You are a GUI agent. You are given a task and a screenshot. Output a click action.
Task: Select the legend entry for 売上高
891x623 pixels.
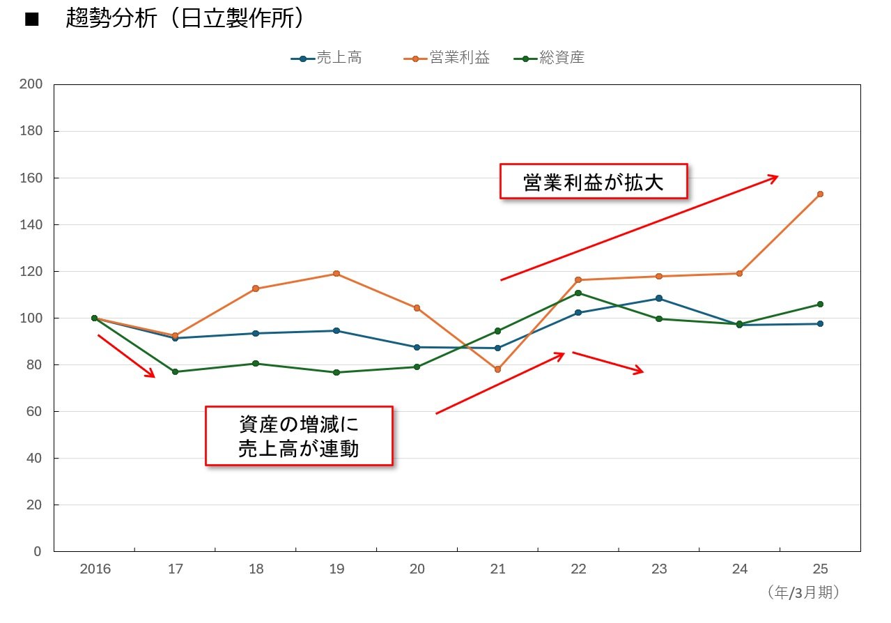pyautogui.click(x=327, y=59)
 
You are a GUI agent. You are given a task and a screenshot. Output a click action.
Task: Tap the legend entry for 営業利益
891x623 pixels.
pyautogui.click(x=447, y=59)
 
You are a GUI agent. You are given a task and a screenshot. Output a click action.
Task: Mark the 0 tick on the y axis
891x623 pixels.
pyautogui.click(x=38, y=551)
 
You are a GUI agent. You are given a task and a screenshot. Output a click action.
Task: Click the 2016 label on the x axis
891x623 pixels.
pyautogui.click(x=95, y=569)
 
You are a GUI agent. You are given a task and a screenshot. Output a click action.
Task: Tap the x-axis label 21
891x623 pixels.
pyautogui.click(x=497, y=569)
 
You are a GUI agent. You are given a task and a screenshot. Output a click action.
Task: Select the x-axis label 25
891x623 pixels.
pyautogui.click(x=820, y=569)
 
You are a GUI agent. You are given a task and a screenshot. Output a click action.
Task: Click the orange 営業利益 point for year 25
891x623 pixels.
pyautogui.click(x=820, y=194)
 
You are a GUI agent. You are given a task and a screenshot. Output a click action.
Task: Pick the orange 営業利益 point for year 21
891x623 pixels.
pyautogui.click(x=497, y=369)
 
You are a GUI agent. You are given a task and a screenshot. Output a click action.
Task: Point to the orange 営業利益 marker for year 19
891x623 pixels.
pyautogui.click(x=336, y=274)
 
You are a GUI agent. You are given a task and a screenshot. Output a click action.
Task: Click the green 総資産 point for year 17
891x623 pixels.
pyautogui.click(x=175, y=371)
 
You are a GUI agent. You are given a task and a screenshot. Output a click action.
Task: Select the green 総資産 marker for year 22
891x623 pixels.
pyautogui.click(x=578, y=293)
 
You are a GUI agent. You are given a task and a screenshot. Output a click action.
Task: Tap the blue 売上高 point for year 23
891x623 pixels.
pyautogui.click(x=659, y=298)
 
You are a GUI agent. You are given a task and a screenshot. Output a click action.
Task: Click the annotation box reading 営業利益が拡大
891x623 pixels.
pyautogui.click(x=594, y=181)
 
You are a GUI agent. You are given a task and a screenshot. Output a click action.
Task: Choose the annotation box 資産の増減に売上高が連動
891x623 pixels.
pyautogui.click(x=299, y=436)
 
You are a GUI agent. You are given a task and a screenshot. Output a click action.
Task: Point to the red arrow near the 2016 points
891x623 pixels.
pyautogui.click(x=126, y=356)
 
